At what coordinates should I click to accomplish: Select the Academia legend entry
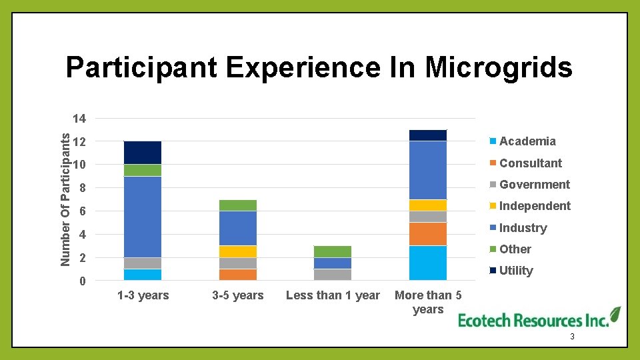[x=527, y=141]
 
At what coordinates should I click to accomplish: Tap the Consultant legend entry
[x=530, y=163]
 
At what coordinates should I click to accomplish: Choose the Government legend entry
[x=534, y=185]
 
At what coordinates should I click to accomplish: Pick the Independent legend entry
[x=535, y=206]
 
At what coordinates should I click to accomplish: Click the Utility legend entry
[x=516, y=271]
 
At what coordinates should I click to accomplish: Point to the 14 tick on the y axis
[x=79, y=119]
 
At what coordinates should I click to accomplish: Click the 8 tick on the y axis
[x=82, y=189]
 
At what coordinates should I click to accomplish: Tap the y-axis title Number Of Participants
[x=65, y=199]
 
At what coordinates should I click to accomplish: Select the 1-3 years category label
[x=143, y=295]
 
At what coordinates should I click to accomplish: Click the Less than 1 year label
[x=333, y=295]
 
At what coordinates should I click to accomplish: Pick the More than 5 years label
[x=428, y=302]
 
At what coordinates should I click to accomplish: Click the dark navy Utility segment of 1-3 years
[x=143, y=152]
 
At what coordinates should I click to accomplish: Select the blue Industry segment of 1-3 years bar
[x=143, y=217]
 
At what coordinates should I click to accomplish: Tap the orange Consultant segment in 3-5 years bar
[x=238, y=274]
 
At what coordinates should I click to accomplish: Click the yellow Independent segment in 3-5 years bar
[x=238, y=251]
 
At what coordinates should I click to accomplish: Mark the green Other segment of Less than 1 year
[x=333, y=251]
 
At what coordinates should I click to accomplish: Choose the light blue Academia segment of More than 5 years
[x=428, y=263]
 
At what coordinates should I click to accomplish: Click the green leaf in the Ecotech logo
[x=614, y=314]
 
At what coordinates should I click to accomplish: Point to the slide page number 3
[x=572, y=339]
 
